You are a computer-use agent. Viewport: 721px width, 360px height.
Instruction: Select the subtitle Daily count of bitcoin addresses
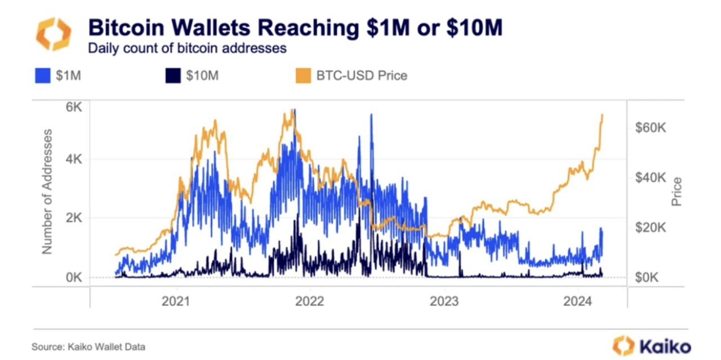[x=187, y=48]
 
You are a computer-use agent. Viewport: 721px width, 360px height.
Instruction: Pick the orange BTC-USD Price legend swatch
[x=303, y=75]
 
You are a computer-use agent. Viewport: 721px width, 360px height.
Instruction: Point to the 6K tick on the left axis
[x=74, y=107]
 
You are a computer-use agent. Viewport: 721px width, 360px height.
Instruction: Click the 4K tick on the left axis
[x=74, y=159]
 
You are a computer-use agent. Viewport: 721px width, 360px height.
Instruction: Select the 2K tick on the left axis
[x=74, y=218]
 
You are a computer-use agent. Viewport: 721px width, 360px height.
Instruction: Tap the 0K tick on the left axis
[x=74, y=277]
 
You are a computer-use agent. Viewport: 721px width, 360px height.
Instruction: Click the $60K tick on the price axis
[x=651, y=128]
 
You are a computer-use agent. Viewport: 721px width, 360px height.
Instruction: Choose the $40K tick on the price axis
[x=651, y=177]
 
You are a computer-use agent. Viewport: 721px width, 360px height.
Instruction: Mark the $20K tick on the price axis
[x=651, y=228]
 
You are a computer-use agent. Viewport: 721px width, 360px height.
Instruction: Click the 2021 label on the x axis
[x=176, y=301]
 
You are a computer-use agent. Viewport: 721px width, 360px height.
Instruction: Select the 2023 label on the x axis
[x=443, y=301]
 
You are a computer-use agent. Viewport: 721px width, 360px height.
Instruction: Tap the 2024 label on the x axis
[x=577, y=301]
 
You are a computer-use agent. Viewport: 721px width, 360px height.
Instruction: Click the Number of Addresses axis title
[x=47, y=192]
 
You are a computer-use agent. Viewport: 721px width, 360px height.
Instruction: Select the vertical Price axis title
[x=677, y=192]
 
